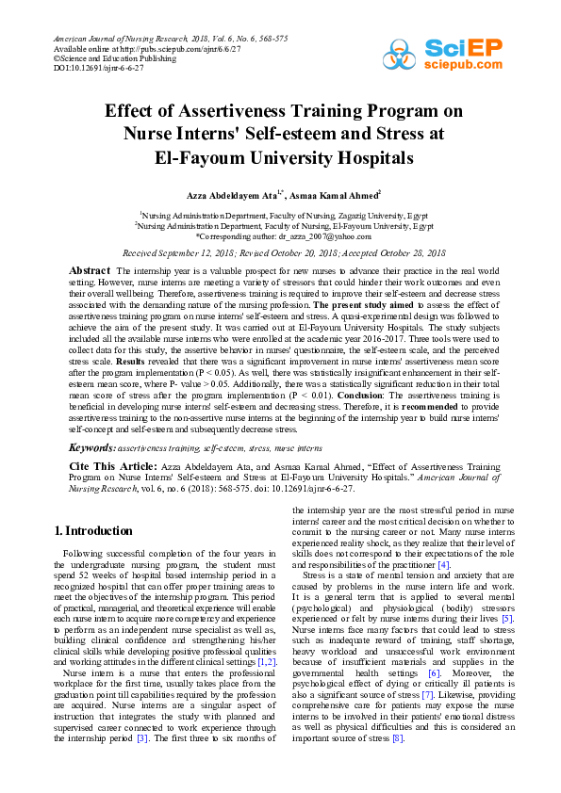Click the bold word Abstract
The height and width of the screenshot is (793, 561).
pos(90,271)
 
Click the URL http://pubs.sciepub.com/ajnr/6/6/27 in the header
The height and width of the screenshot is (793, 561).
pos(169,48)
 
